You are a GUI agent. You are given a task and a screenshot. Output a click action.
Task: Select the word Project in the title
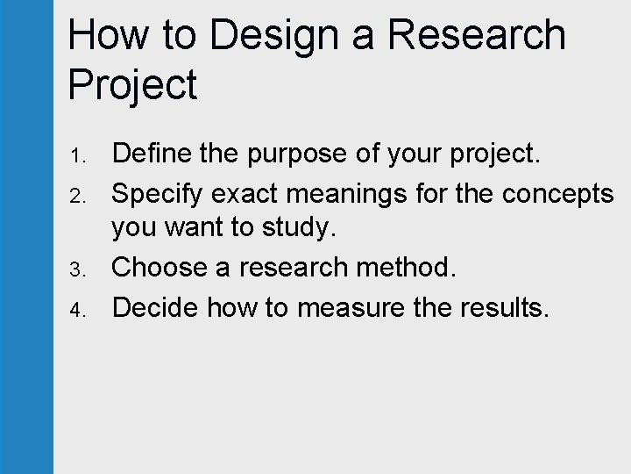tap(132, 86)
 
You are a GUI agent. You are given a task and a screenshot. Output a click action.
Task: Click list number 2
tap(76, 193)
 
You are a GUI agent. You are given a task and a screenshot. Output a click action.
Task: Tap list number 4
tap(76, 309)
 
